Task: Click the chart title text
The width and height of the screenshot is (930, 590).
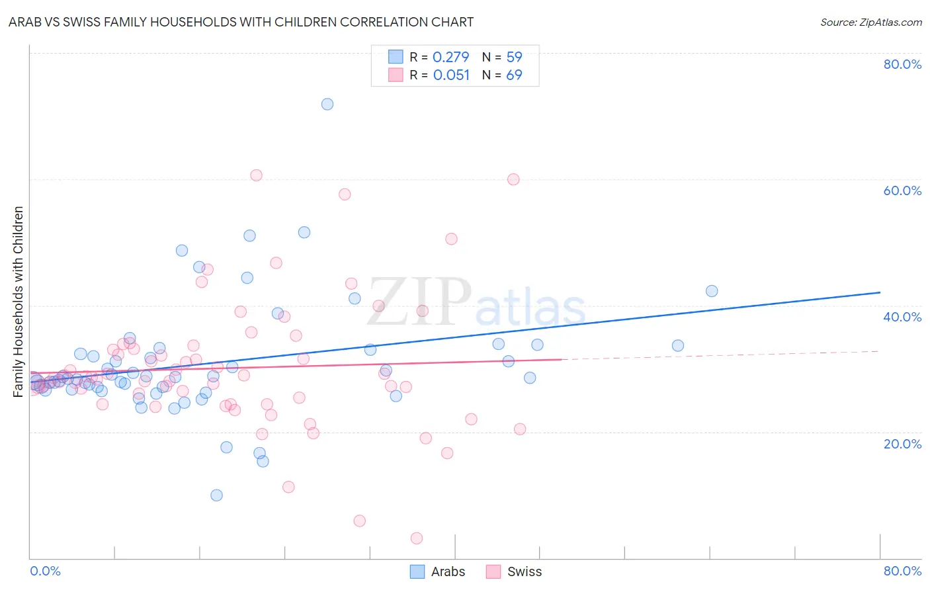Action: [x=241, y=22]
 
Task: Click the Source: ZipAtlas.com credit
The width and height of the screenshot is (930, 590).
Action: [x=870, y=22]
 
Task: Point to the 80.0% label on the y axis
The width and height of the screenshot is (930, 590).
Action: [x=902, y=64]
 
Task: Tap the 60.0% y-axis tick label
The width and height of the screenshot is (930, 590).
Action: [x=902, y=190]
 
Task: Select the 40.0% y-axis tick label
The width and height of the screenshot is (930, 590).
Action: [x=902, y=317]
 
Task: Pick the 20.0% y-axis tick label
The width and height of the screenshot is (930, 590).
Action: [x=902, y=443]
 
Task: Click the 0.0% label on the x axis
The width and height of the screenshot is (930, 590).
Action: [x=45, y=571]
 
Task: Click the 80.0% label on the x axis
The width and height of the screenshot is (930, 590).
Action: [x=902, y=571]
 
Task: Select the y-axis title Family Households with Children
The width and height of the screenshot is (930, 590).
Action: [x=18, y=302]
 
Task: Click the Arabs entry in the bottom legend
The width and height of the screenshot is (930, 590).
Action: [x=448, y=571]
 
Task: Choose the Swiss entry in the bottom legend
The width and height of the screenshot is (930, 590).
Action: [x=524, y=571]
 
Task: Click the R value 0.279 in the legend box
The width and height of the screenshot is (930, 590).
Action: [x=450, y=57]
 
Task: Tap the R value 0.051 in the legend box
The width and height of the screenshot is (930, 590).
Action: [x=451, y=75]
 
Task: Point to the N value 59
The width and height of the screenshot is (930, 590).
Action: [x=514, y=57]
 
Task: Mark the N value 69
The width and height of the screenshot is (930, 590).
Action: [x=514, y=75]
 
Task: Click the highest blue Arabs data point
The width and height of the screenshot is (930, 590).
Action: [x=327, y=104]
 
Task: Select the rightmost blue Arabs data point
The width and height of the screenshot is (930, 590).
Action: [x=712, y=291]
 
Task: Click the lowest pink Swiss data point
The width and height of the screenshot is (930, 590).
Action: [x=417, y=538]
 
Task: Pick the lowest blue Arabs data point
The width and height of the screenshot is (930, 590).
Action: [x=216, y=495]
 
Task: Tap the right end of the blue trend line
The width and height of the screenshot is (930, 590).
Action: [x=880, y=292]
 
